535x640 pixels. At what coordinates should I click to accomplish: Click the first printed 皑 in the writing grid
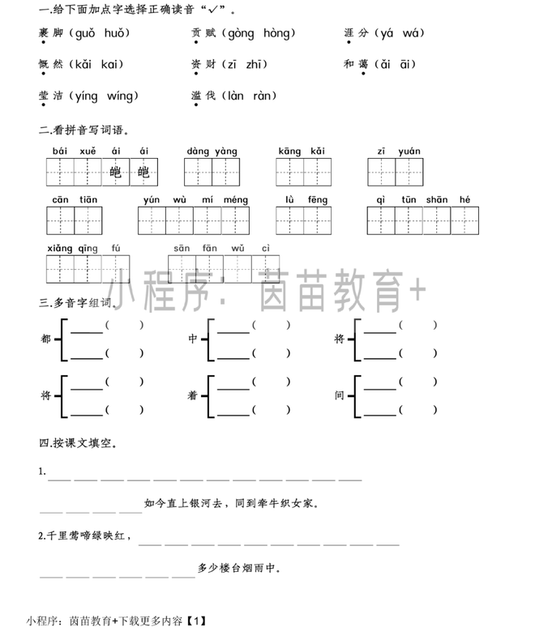116,172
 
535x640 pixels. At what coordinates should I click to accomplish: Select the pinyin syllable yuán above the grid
409,151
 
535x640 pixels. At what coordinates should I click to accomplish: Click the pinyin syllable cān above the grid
61,199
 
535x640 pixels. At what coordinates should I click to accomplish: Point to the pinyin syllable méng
235,199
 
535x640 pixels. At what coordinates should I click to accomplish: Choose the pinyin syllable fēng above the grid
317,199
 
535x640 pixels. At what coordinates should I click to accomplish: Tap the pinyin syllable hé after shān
464,199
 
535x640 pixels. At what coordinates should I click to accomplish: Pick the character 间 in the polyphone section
340,395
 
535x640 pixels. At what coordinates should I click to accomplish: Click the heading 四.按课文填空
78,443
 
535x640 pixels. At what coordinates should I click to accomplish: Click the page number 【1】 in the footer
196,621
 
